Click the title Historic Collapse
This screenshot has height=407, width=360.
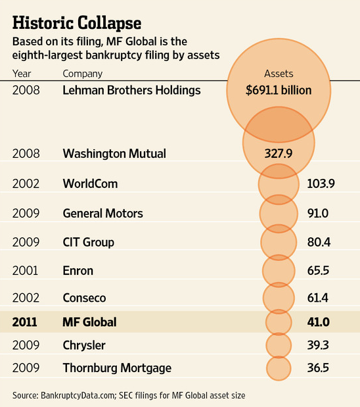click(x=77, y=24)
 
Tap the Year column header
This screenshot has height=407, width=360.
click(x=22, y=74)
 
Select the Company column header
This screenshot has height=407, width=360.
click(x=83, y=74)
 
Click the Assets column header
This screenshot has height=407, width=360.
click(x=279, y=74)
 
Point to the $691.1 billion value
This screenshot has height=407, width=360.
click(x=279, y=90)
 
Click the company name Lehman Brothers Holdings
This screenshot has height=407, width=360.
click(x=131, y=90)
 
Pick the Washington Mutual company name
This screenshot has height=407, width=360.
click(x=114, y=153)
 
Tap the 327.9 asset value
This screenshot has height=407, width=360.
click(x=279, y=153)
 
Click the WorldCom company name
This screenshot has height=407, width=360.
click(x=90, y=183)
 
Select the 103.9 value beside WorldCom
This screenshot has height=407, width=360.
click(x=321, y=183)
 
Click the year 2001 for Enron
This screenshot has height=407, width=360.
click(x=25, y=271)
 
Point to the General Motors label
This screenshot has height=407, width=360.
click(x=102, y=214)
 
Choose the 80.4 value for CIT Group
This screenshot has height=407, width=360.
click(x=319, y=242)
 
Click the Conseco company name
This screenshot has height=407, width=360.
click(x=84, y=298)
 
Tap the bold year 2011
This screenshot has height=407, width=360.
click(x=25, y=322)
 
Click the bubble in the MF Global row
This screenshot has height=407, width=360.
click(x=279, y=322)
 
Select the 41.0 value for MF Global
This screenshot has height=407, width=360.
click(x=319, y=322)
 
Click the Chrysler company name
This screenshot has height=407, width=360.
click(x=84, y=345)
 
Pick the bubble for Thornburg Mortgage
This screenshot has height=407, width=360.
click(x=279, y=368)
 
